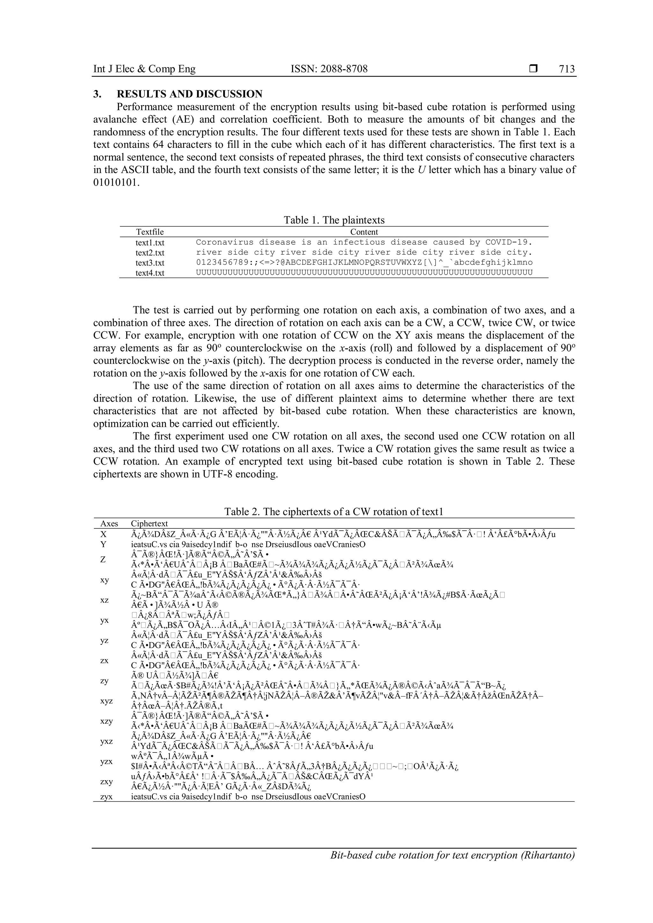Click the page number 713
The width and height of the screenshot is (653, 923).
click(567, 69)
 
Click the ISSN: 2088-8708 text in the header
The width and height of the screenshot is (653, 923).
click(329, 69)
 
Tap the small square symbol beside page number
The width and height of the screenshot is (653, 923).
click(533, 69)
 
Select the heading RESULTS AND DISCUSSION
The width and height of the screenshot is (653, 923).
click(189, 94)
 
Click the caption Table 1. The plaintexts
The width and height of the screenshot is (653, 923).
click(334, 220)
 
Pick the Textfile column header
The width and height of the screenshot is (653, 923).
click(150, 232)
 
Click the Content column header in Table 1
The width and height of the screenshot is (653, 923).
click(364, 232)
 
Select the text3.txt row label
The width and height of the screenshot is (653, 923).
click(150, 263)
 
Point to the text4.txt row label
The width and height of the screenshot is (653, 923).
click(150, 273)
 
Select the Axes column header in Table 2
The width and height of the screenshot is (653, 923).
click(109, 523)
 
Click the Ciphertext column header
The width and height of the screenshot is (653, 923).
click(149, 523)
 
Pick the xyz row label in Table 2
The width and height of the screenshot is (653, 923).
click(106, 701)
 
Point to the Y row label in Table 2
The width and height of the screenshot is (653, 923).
click(104, 544)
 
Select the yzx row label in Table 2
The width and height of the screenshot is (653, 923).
click(106, 761)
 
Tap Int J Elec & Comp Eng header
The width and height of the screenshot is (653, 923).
click(144, 69)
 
